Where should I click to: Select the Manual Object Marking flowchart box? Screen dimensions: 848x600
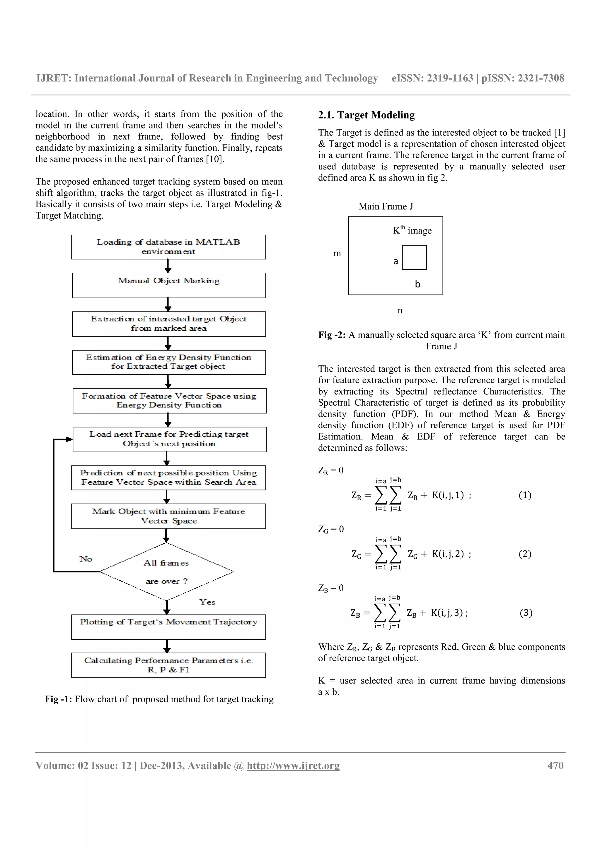[168, 285]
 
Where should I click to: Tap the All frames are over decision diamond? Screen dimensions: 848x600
[167, 571]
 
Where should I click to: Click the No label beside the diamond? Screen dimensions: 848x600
[86, 559]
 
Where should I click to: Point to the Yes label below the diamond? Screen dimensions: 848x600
[207, 602]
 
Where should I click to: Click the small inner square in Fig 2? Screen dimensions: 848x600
[414, 258]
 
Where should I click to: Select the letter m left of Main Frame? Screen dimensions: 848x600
[337, 253]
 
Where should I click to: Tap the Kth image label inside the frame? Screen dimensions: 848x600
[412, 231]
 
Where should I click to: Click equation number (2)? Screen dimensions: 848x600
[525, 554]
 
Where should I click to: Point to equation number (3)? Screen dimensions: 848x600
[526, 613]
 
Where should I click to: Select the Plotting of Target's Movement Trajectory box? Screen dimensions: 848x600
[168, 627]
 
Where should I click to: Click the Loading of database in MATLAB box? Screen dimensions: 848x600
[168, 247]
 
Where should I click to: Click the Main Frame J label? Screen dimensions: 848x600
[386, 207]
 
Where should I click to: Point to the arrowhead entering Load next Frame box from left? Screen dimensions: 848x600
[69, 439]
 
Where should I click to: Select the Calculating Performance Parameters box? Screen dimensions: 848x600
[168, 665]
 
